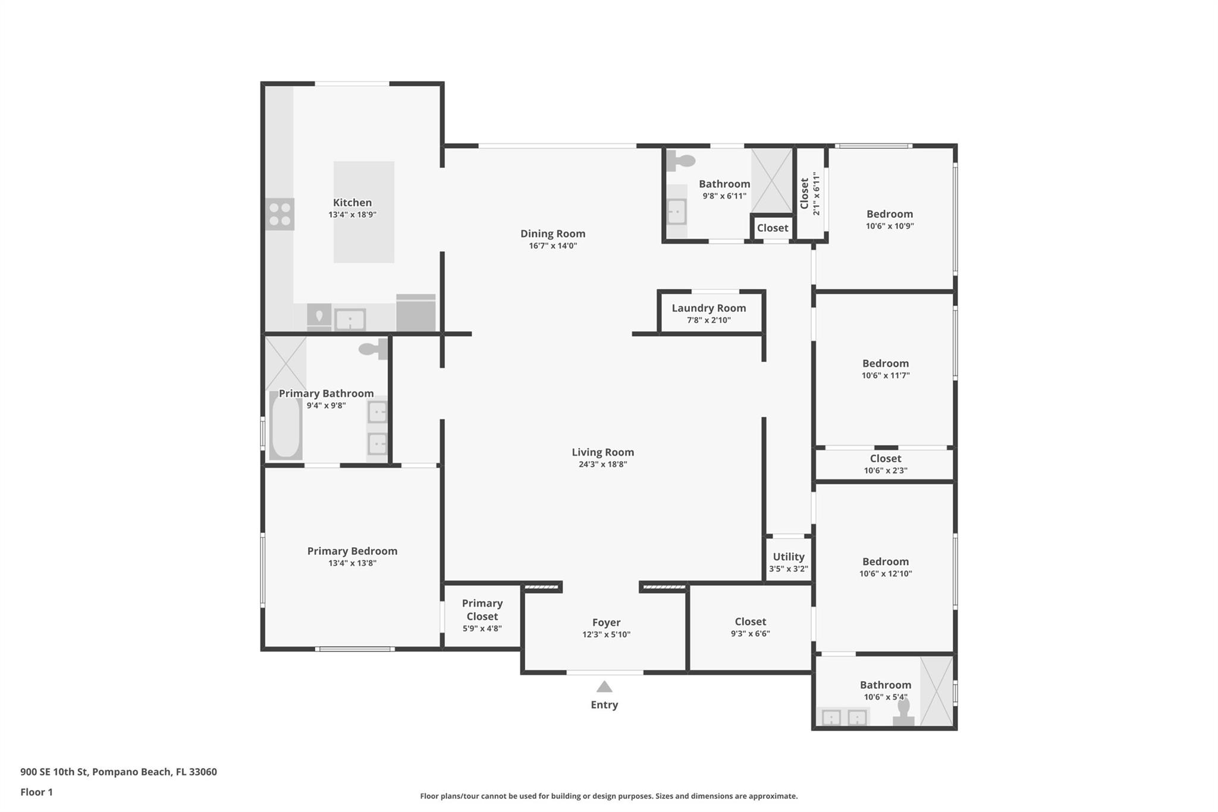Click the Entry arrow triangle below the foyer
click(604, 686)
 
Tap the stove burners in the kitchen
click(280, 214)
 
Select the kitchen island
click(363, 212)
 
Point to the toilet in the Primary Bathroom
click(373, 349)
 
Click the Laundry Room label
click(709, 308)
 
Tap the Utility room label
click(789, 557)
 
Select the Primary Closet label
click(482, 610)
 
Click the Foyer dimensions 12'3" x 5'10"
click(606, 635)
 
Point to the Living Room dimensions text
click(603, 465)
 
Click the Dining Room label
click(553, 234)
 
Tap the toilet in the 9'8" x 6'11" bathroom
click(680, 160)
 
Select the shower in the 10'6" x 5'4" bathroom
click(937, 691)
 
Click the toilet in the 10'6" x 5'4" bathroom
click(903, 712)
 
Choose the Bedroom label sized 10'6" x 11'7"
click(886, 363)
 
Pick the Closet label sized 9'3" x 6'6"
click(751, 622)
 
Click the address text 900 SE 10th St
click(54, 772)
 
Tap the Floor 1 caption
click(36, 792)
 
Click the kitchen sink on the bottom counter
click(350, 319)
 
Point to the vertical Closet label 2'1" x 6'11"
click(810, 194)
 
